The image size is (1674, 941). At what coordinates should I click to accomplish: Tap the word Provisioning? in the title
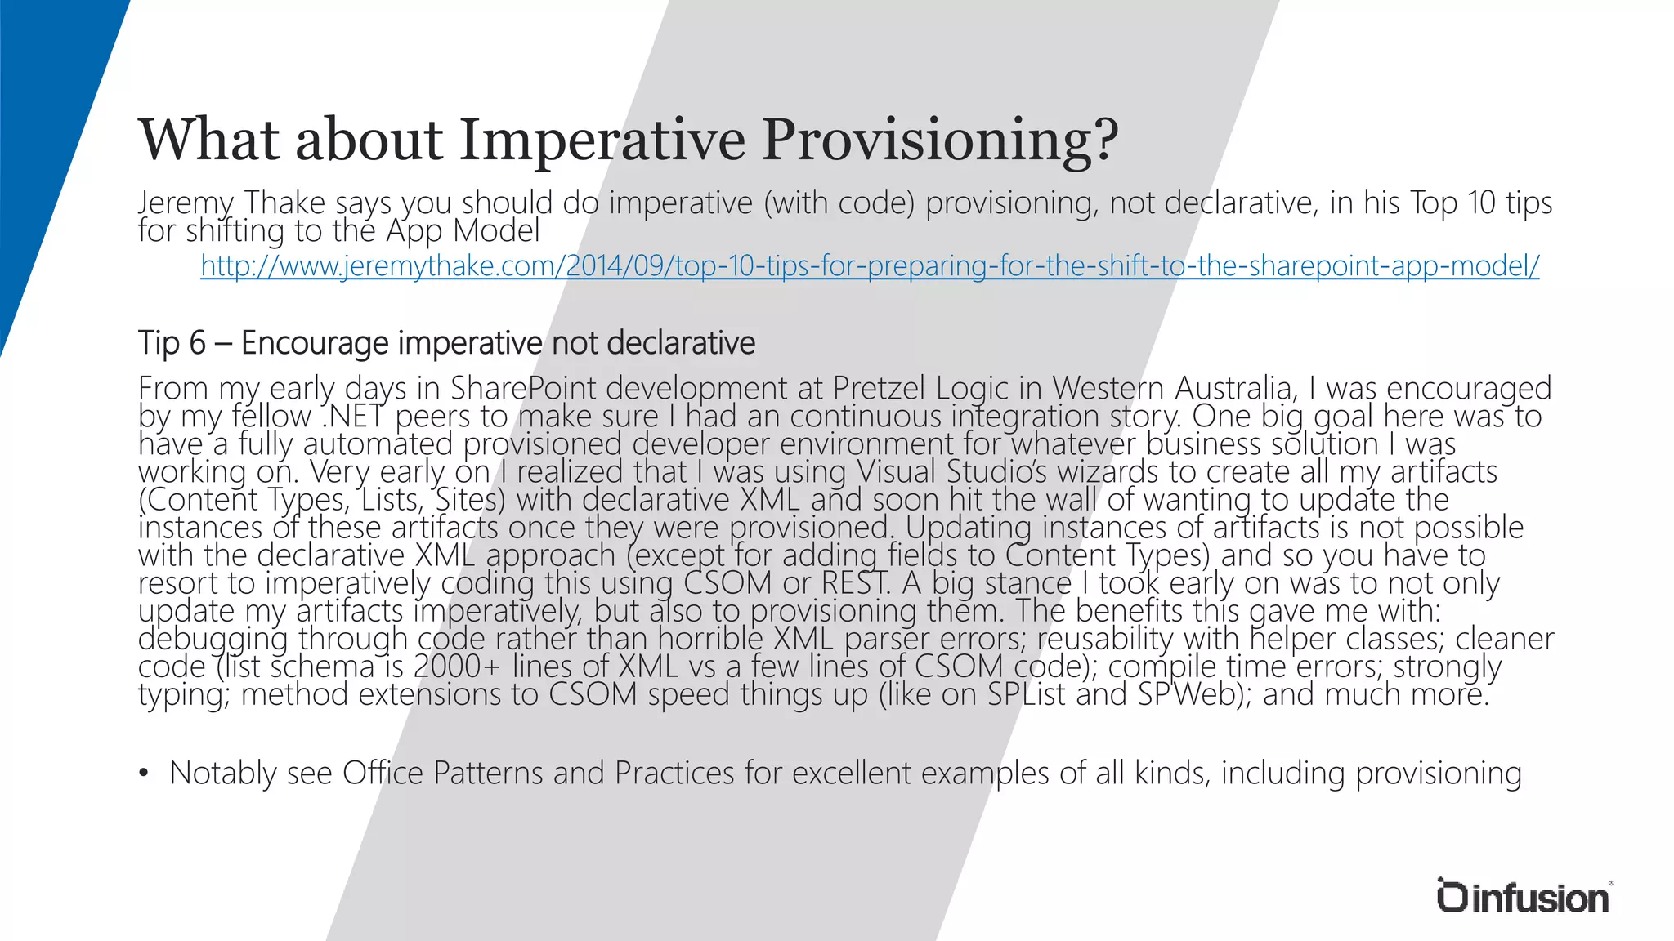(x=940, y=140)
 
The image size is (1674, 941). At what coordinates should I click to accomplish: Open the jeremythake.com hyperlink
(x=870, y=265)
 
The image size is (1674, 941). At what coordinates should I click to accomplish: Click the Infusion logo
(x=1523, y=897)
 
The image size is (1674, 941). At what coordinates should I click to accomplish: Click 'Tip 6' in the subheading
(x=172, y=343)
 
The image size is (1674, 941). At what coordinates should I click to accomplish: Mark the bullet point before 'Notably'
(x=144, y=774)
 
